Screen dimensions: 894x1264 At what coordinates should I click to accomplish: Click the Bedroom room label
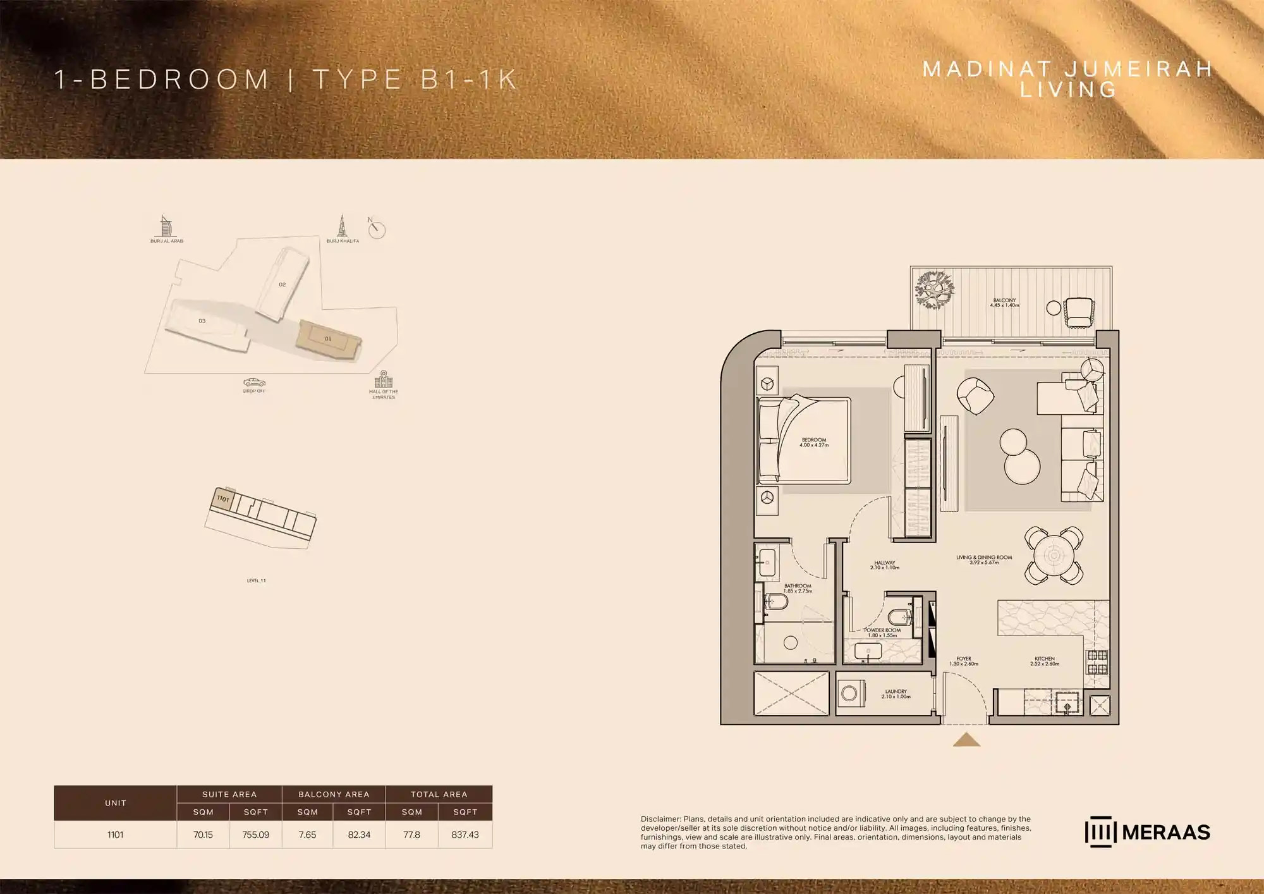(813, 442)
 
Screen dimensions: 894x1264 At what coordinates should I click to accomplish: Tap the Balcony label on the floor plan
(1004, 302)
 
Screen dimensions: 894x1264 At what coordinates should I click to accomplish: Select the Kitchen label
(1045, 661)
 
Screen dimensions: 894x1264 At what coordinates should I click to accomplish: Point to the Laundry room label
(896, 694)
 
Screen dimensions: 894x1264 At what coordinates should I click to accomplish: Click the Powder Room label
(882, 632)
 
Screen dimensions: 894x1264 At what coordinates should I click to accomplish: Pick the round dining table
(1054, 556)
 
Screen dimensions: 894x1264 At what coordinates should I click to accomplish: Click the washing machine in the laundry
(849, 694)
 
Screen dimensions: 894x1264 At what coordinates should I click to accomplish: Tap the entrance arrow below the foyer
(966, 740)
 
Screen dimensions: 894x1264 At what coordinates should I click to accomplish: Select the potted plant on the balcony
(934, 290)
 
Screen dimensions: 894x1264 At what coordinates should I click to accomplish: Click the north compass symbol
(377, 230)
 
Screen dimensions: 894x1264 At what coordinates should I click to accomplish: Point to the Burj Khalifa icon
(343, 226)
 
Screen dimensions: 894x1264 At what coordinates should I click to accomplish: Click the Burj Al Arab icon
(166, 226)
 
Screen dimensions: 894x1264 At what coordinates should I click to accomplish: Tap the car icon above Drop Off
(254, 382)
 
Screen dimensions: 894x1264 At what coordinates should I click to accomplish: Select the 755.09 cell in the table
(255, 835)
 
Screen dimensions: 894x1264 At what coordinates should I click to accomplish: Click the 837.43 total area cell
(465, 835)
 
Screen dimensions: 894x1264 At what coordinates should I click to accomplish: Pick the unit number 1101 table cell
(115, 835)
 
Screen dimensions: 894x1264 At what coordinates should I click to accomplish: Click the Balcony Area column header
(334, 794)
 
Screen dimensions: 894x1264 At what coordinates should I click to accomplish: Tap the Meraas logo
(1147, 832)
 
